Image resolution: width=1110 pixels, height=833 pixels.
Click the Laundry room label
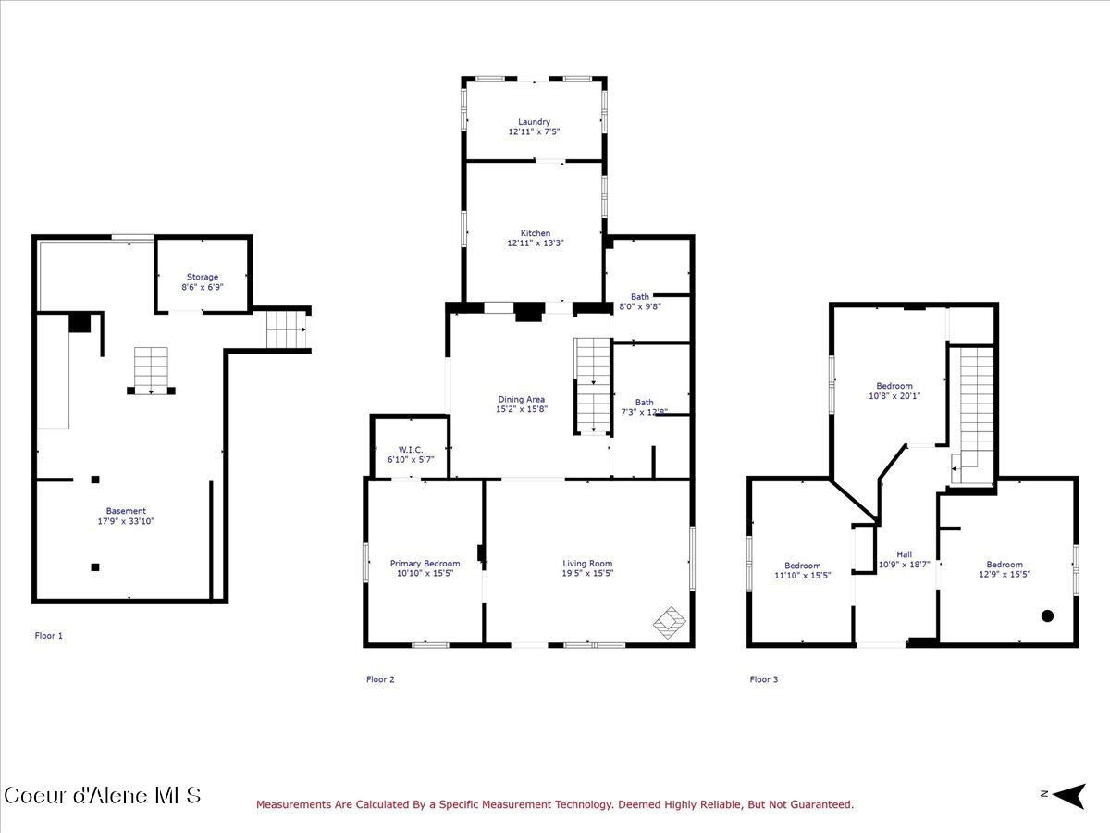534,122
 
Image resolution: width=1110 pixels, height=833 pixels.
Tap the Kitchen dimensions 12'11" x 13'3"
535,243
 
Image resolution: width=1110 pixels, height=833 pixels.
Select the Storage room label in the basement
203,277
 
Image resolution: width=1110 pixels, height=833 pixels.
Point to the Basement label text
126,511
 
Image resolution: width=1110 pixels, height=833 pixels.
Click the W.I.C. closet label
410,450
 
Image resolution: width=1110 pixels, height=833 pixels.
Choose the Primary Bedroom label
425,564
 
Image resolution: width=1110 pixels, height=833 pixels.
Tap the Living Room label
587,564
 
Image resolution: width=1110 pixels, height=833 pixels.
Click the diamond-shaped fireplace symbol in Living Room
670,622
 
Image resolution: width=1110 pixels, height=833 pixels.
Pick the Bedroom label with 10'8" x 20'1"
894,386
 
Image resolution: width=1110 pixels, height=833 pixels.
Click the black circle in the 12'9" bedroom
1048,615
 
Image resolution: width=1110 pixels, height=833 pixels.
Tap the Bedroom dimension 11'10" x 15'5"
802,575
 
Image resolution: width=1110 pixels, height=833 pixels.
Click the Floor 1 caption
49,636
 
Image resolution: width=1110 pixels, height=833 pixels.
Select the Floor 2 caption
380,679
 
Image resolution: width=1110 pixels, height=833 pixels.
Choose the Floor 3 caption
763,679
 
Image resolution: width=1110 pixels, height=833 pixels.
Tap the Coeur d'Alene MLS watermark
102,795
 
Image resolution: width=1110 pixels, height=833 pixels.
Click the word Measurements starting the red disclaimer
293,805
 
